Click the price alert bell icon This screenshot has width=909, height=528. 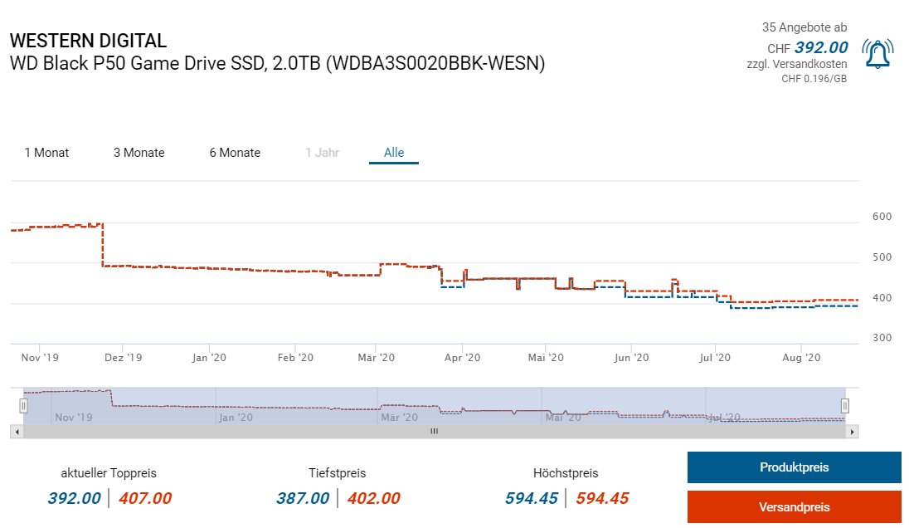point(877,55)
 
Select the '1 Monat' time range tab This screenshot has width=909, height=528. point(46,153)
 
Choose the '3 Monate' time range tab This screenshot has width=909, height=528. point(139,153)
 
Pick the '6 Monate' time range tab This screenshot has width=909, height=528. point(235,153)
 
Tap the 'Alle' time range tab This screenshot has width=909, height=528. point(394,153)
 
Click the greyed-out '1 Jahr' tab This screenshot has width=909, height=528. point(322,153)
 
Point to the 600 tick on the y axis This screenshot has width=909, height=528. point(882,217)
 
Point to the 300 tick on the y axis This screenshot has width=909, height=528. point(882,338)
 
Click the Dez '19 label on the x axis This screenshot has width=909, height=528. point(124,358)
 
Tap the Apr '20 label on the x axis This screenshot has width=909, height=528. point(462,358)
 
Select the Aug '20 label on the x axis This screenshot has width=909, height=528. point(801,358)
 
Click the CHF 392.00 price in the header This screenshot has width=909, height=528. point(821,47)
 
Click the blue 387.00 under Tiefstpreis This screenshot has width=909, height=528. point(303,498)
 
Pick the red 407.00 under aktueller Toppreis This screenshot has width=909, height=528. point(145,498)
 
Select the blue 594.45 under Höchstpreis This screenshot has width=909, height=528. point(532,498)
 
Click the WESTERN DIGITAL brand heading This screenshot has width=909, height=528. point(88,41)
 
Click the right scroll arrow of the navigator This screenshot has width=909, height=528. point(852,432)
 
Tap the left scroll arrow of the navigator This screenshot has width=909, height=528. point(17,432)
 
